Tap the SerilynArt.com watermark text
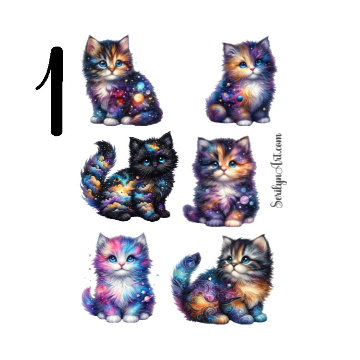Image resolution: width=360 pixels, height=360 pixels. (x=277, y=171)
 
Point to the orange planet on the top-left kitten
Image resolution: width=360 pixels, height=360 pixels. (x=139, y=99)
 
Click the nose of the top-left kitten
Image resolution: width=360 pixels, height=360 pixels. (x=111, y=70)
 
